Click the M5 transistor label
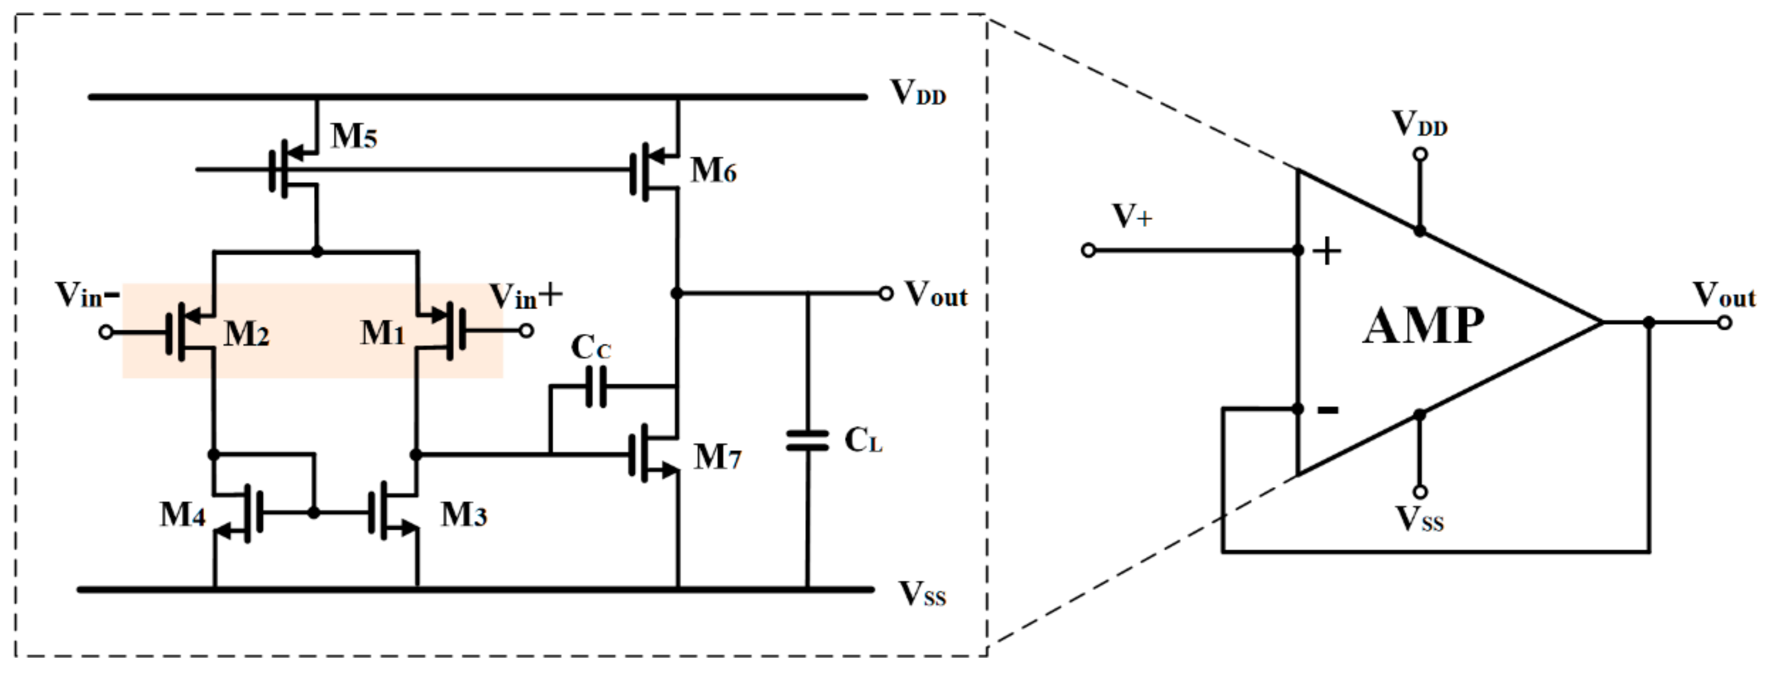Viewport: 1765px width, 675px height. click(x=354, y=136)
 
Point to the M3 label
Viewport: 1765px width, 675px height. click(x=463, y=515)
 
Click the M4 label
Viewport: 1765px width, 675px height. click(x=182, y=515)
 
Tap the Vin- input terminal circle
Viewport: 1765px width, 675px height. click(x=105, y=333)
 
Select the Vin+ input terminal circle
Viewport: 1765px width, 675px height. click(x=526, y=331)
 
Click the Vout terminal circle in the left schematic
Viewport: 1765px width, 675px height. click(x=885, y=293)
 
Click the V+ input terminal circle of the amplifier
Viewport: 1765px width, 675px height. click(x=1088, y=251)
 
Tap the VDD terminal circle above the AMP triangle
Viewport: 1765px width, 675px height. click(x=1420, y=154)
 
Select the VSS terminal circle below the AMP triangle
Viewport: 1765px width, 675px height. click(x=1420, y=492)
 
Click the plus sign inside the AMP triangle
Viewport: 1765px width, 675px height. click(x=1327, y=252)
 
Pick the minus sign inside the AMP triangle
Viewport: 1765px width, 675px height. click(x=1328, y=410)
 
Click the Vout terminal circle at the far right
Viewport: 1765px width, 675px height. click(x=1724, y=322)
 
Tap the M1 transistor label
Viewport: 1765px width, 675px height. click(x=382, y=333)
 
